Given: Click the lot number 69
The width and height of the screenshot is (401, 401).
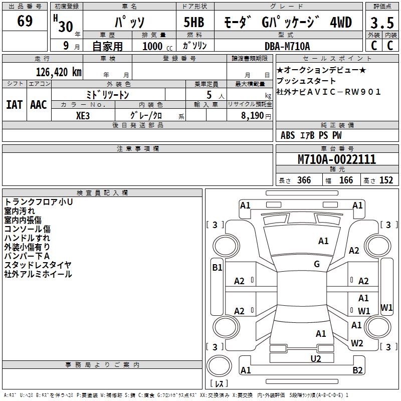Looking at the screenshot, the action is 25,22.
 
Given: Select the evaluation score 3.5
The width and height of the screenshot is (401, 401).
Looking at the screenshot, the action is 381,23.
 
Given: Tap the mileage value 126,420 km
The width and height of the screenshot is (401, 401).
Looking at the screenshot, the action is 58,72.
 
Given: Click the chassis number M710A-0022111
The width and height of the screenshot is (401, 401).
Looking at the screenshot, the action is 336,159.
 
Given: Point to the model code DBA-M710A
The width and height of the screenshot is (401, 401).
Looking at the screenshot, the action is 287,46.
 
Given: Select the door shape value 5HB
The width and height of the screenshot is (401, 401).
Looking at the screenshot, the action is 194,23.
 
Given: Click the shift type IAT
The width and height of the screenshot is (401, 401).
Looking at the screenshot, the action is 14,105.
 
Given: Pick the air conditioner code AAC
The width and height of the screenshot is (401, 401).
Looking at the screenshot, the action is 39,105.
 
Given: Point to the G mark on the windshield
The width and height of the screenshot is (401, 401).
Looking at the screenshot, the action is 317,264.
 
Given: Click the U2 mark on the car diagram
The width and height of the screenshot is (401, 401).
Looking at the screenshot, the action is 316,358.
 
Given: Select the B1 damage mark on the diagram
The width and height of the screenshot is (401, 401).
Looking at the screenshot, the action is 217,268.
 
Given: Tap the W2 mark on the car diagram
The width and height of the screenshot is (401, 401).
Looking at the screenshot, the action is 357,343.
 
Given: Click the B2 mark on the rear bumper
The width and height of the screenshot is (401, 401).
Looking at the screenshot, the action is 357,370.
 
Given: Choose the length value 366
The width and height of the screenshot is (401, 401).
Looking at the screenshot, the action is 304,180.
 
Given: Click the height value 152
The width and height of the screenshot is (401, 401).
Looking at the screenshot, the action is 386,180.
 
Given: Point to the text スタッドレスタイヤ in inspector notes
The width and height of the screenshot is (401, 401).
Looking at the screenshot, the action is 38,265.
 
